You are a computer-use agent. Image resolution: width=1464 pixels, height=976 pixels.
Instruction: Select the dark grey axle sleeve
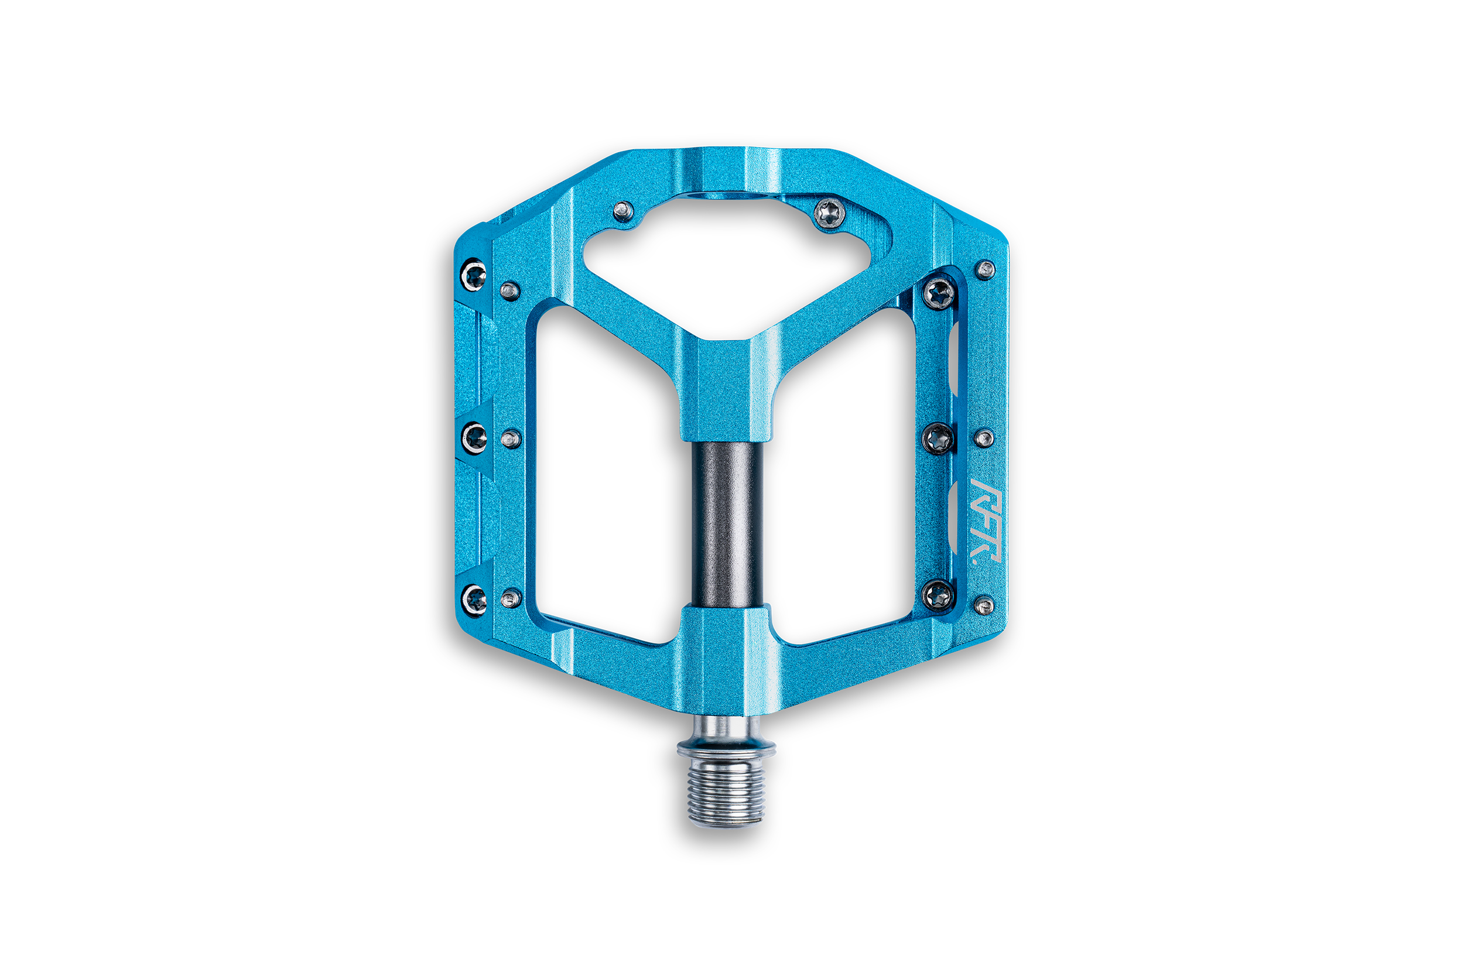click(727, 525)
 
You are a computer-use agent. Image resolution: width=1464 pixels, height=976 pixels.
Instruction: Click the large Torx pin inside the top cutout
click(830, 214)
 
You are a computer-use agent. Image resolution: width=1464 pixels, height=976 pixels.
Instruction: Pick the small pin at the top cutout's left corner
click(623, 211)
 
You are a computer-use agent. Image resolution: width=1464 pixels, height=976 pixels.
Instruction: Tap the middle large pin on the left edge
click(475, 437)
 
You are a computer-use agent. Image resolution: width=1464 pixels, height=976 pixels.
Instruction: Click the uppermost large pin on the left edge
click(474, 275)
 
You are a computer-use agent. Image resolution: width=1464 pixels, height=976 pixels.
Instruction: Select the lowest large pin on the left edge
click(475, 599)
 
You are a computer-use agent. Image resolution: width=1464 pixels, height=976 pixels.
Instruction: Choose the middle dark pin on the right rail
click(938, 438)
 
